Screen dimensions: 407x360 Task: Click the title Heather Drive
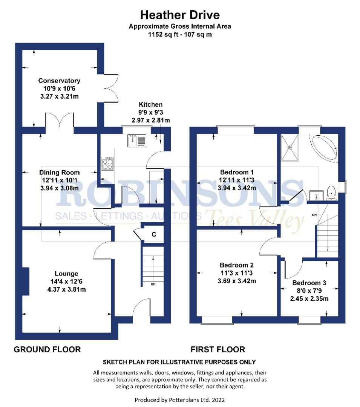pyautogui.click(x=180, y=15)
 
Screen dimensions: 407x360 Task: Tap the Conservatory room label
pyautogui.click(x=59, y=81)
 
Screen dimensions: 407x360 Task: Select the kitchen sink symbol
pyautogui.click(x=136, y=141)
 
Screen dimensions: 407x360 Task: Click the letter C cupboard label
pyautogui.click(x=154, y=234)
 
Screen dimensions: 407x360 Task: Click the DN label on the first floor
pyautogui.click(x=314, y=215)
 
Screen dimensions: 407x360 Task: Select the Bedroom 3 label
pyautogui.click(x=309, y=283)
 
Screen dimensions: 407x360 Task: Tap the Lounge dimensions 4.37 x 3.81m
pyautogui.click(x=66, y=289)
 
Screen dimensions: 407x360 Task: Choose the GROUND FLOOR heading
pyautogui.click(x=47, y=349)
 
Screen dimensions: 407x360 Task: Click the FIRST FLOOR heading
pyautogui.click(x=218, y=349)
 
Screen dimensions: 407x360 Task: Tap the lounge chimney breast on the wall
pyautogui.click(x=26, y=281)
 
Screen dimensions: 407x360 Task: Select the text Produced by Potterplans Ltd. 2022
pyautogui.click(x=180, y=399)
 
